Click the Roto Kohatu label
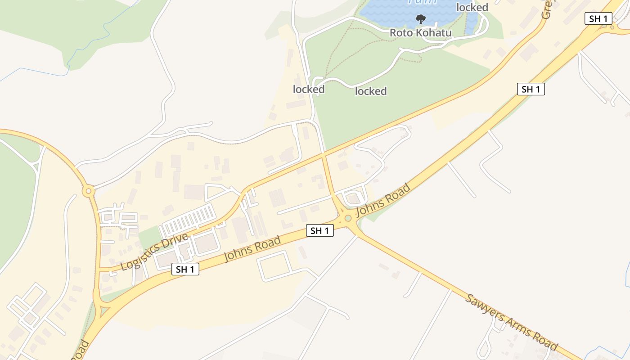420,33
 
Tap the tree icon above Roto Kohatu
420,19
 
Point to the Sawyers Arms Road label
512,322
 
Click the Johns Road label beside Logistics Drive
252,249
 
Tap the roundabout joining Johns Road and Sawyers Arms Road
348,219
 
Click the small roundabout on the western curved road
89,191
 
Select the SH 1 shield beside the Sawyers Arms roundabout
319,231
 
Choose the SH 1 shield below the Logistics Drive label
185,270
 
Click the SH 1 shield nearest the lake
598,18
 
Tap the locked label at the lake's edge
472,8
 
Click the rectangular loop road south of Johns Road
275,266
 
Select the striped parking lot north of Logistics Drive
189,219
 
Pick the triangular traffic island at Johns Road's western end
104,310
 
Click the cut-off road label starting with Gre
546,9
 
